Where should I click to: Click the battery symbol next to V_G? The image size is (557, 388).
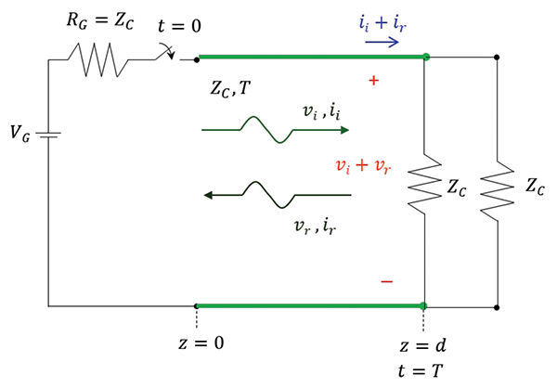coord(48,136)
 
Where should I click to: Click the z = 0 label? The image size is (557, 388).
coord(200,343)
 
